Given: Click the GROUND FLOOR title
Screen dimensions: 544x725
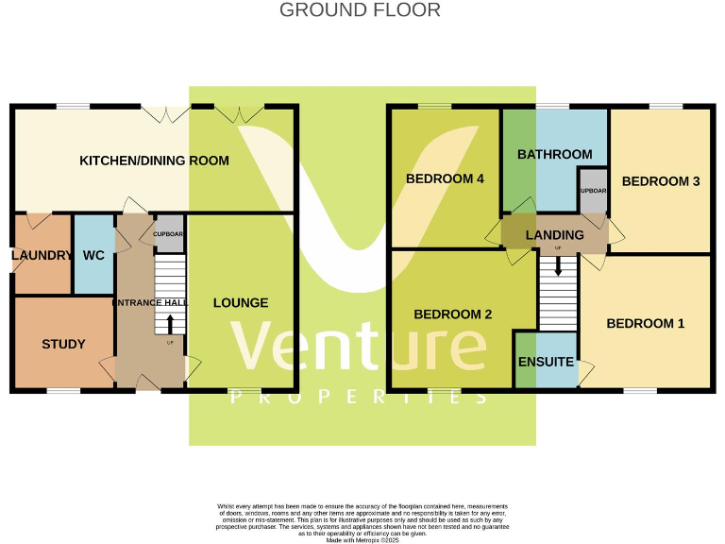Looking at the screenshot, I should [x=360, y=10].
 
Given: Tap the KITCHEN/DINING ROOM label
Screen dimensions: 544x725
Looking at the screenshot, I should [x=154, y=161].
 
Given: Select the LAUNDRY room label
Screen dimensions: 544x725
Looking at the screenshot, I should [x=42, y=255].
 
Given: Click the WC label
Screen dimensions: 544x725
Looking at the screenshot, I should [x=93, y=255].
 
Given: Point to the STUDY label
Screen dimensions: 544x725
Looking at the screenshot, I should [x=63, y=344].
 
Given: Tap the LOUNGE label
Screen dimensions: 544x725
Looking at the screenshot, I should [x=241, y=303].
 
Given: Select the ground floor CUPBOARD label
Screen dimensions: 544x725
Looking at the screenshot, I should [x=169, y=233].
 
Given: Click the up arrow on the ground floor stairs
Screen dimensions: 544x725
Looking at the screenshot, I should [x=170, y=324].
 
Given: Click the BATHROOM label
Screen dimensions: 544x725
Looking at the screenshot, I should [x=555, y=154].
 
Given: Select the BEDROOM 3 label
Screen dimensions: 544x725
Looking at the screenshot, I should [x=660, y=181].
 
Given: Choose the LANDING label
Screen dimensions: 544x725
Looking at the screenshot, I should [x=554, y=235].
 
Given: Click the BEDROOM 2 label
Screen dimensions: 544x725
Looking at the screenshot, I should [x=453, y=314].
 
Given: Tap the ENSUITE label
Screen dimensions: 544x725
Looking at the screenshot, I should [x=546, y=362].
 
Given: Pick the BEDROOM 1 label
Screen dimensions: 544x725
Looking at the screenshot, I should [x=646, y=323].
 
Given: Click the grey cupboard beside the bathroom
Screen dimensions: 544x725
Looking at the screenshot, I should [x=593, y=190].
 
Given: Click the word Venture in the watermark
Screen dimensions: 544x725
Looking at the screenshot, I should [x=361, y=344].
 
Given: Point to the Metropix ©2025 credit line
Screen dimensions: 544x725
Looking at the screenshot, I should [x=362, y=540].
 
